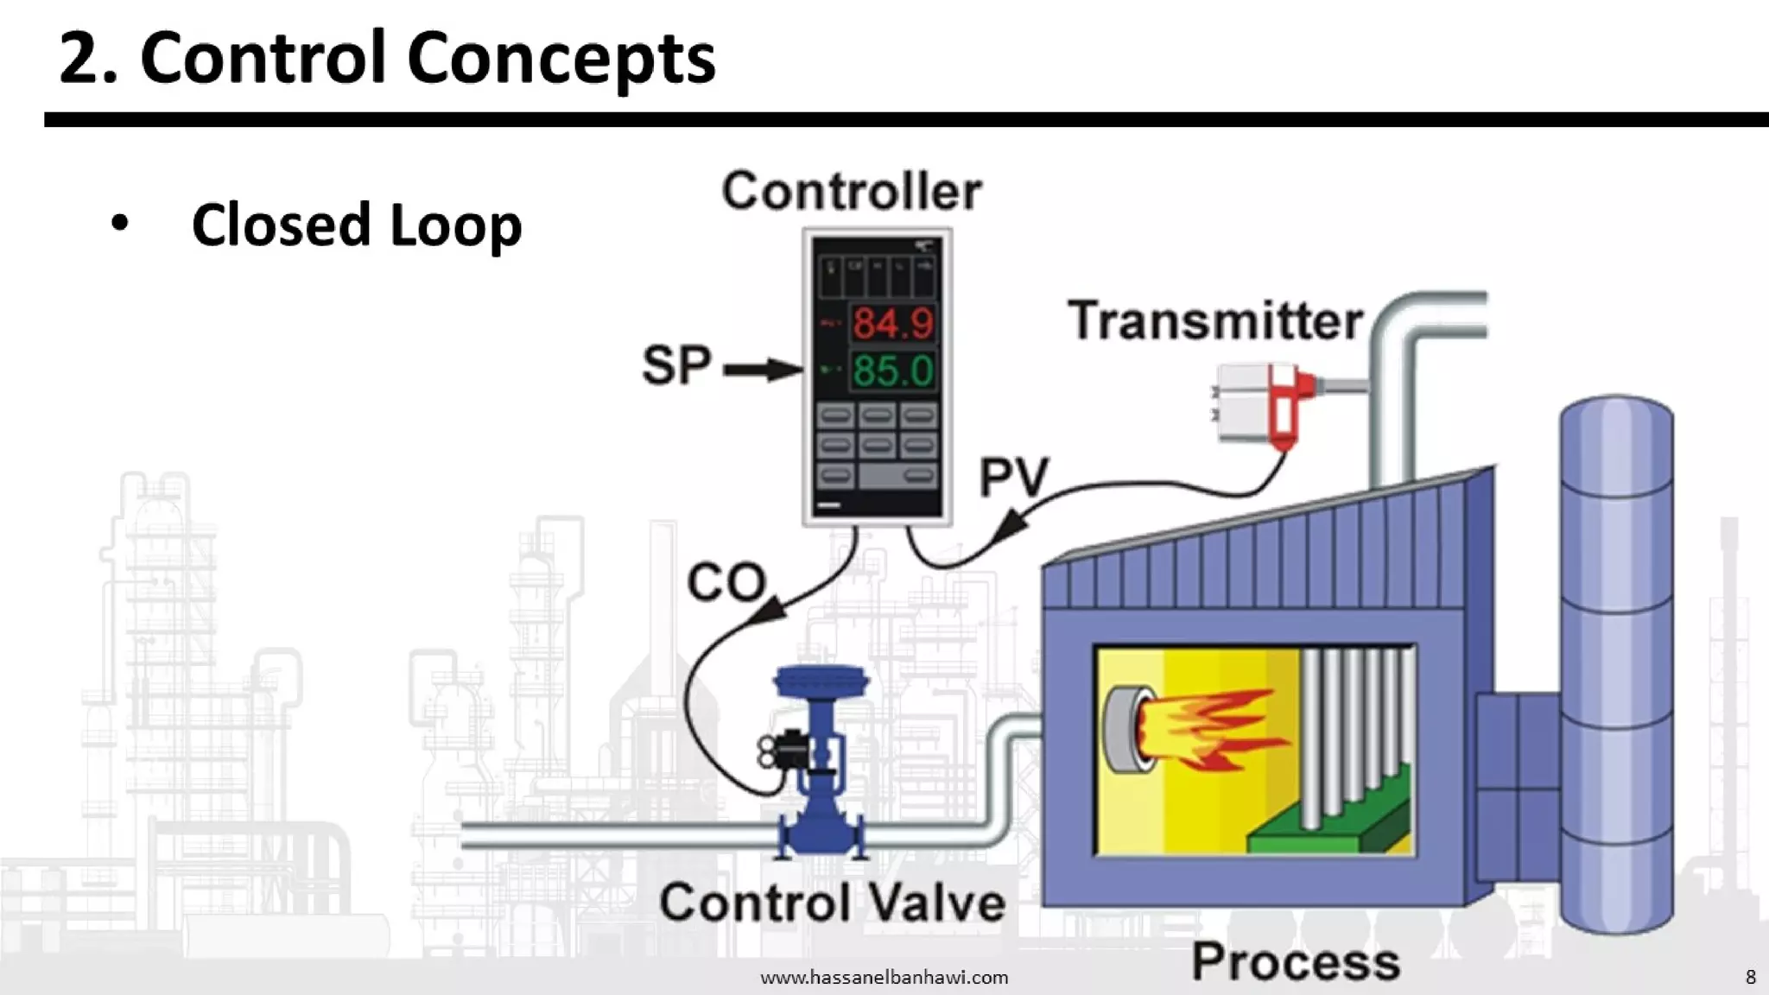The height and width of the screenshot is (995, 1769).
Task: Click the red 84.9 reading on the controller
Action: (893, 324)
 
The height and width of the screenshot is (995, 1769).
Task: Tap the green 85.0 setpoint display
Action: (893, 371)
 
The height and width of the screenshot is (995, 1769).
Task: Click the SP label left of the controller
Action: (676, 365)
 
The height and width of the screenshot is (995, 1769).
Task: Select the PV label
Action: (1014, 477)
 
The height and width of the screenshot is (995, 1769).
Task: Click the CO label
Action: (726, 582)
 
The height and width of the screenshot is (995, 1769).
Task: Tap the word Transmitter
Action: (1215, 321)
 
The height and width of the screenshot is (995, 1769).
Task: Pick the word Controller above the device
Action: (852, 192)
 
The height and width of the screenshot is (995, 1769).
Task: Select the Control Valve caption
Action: (833, 903)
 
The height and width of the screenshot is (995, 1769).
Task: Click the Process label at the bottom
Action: (1296, 962)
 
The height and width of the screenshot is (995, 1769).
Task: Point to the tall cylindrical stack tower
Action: (1616, 665)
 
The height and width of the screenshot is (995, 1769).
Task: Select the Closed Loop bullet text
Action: (357, 225)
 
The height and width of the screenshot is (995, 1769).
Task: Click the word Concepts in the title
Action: (561, 59)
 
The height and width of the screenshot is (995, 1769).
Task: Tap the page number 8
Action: (1750, 977)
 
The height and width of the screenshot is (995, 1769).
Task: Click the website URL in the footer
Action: (884, 978)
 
